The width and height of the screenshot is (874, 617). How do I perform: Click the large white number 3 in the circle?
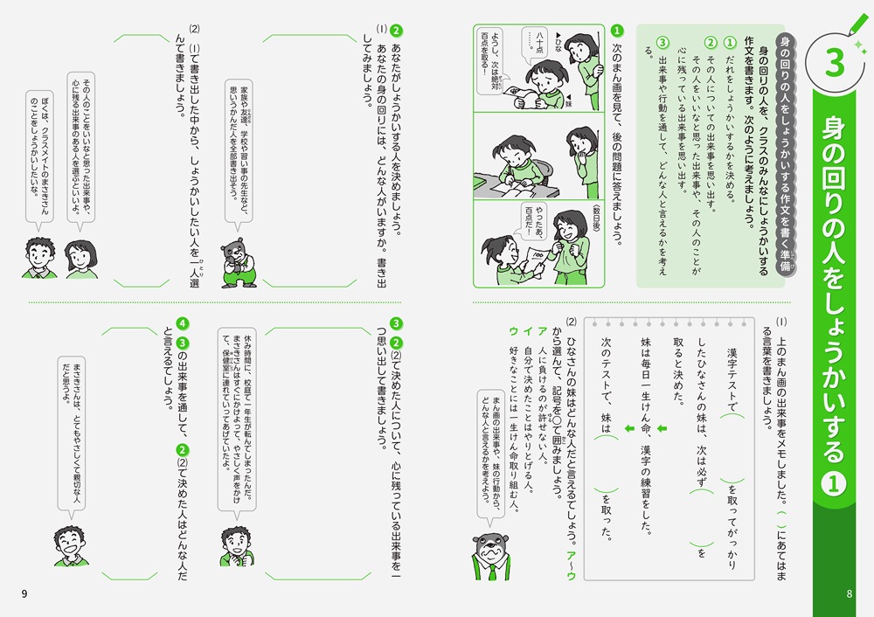(835, 63)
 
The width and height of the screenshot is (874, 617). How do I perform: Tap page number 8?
(849, 593)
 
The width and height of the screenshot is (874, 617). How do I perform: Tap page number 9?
(24, 593)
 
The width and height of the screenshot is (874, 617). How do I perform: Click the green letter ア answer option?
(542, 331)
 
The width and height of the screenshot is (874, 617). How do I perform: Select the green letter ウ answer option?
(513, 331)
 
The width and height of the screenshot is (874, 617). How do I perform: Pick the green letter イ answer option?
(527, 331)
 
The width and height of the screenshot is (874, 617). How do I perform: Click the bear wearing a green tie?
(490, 556)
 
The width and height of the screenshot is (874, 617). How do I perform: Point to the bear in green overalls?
(239, 262)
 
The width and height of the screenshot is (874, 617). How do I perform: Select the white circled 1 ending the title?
(833, 483)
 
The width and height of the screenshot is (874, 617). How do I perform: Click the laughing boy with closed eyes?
(70, 545)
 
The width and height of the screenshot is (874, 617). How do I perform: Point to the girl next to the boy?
(81, 260)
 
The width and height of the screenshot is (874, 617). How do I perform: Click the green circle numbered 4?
(183, 324)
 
